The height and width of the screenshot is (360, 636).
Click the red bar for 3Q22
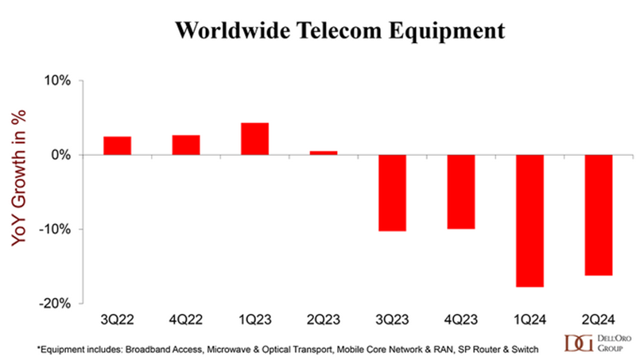pyautogui.click(x=117, y=145)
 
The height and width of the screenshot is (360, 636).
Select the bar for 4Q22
pyautogui.click(x=185, y=145)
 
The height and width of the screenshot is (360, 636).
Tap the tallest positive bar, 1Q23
pyautogui.click(x=254, y=139)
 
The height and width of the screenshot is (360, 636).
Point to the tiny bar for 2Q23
pyautogui.click(x=324, y=153)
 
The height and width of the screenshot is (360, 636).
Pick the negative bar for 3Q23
pyautogui.click(x=392, y=192)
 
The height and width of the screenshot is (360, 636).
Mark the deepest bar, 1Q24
pyautogui.click(x=529, y=220)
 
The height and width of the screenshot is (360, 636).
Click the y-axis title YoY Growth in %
pyautogui.click(x=17, y=191)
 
